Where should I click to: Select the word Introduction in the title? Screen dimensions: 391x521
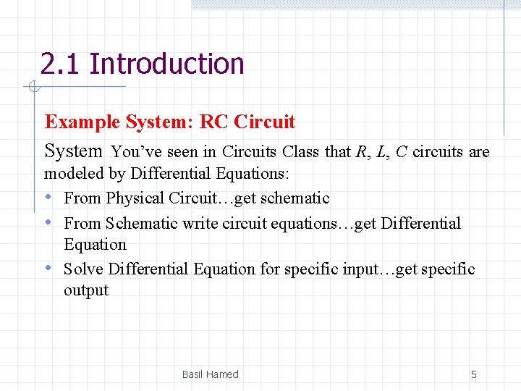[167, 64]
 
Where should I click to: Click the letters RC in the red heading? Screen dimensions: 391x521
[213, 122]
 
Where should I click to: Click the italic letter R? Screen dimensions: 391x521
[362, 152]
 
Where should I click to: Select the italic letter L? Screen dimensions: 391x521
[381, 152]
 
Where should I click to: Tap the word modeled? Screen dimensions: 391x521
[72, 174]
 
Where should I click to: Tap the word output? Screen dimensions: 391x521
[85, 290]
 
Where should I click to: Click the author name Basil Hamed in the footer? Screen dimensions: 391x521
[210, 374]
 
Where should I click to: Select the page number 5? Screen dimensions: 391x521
[474, 374]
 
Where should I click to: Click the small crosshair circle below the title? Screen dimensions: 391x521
[33, 88]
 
